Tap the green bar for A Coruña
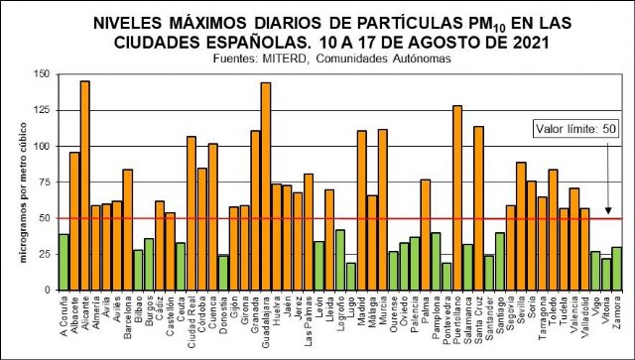click(63, 262)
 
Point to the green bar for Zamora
click(616, 268)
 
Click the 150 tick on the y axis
click(41, 74)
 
